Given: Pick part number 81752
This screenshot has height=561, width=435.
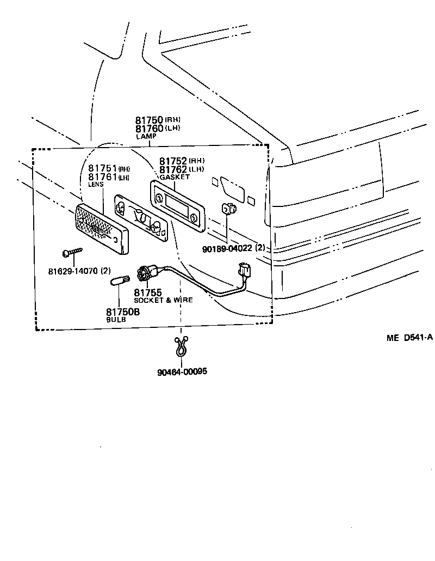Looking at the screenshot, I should click(173, 161).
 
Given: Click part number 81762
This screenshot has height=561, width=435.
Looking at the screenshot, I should click(173, 169).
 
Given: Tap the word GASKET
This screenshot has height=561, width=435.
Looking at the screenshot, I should click(175, 177).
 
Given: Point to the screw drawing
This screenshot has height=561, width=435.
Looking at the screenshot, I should click(72, 252).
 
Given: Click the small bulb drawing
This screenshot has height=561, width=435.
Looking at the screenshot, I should click(119, 281).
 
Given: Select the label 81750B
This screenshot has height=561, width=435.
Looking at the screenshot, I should click(122, 312).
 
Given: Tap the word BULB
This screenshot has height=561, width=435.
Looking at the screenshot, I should click(116, 320).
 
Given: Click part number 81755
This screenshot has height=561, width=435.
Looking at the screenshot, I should click(148, 293).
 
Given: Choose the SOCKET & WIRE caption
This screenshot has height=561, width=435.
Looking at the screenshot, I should click(163, 300).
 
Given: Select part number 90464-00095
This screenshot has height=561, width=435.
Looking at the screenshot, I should click(182, 372).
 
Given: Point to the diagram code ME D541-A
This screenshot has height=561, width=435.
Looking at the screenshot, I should click(409, 338).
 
